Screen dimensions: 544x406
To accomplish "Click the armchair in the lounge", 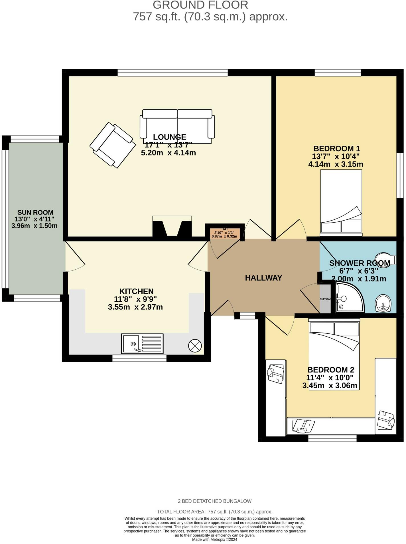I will (x=113, y=145).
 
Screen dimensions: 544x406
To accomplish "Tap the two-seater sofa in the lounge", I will (x=177, y=127).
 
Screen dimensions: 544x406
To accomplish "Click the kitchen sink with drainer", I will (x=142, y=343).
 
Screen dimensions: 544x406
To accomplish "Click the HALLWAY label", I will (x=263, y=278).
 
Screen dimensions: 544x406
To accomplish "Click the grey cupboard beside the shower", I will (x=325, y=299).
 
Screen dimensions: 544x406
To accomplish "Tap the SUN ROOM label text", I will (x=35, y=212).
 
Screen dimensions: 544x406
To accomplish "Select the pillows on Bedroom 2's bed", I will (x=334, y=329).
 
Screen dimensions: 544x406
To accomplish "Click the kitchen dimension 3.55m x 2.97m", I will (x=135, y=307).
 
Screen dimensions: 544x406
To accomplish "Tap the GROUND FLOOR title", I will (x=200, y=5).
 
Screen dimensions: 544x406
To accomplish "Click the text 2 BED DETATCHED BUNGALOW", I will (x=214, y=501).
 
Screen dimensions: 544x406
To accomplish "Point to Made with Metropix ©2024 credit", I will (x=214, y=539).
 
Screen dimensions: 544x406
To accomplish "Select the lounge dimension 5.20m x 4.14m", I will (x=168, y=153).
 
